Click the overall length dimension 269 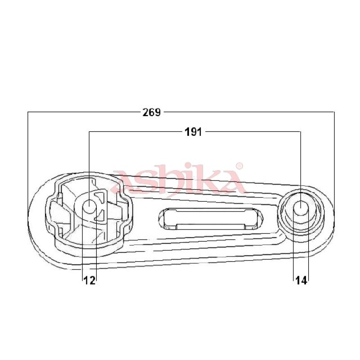point(152,112)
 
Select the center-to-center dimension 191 point(193,132)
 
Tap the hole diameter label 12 point(90,280)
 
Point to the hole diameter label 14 point(301,280)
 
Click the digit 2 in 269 point(146,112)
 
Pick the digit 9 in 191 point(193,132)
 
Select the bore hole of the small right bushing point(301,207)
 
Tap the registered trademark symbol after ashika point(239,166)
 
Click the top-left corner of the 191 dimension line point(90,132)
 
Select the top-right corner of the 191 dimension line point(301,132)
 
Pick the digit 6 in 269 point(152,112)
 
